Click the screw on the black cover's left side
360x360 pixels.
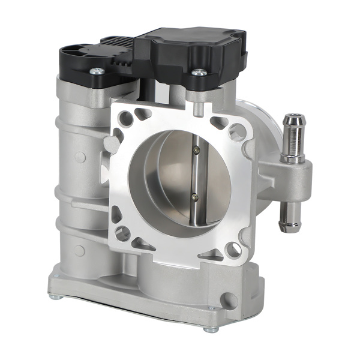pos(96,71)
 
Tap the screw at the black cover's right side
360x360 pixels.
pos(199,73)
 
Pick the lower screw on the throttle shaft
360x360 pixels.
pos(194,195)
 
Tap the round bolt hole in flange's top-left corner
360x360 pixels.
pos(125,119)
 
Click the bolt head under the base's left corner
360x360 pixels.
pos(54,296)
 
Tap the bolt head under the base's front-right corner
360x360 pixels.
pos(210,329)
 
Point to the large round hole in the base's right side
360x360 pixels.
pos(229,300)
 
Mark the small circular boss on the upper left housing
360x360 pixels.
pos(79,157)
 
